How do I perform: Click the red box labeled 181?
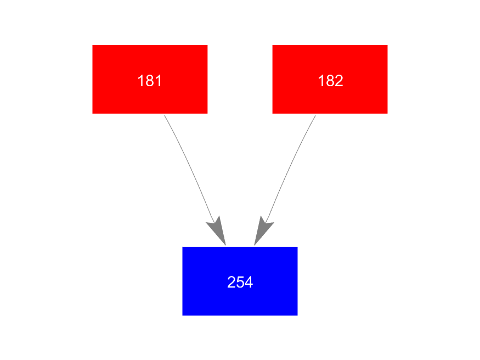[150, 79]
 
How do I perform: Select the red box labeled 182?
[330, 79]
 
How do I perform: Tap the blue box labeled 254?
[240, 281]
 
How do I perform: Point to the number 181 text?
[150, 81]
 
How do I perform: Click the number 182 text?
[330, 81]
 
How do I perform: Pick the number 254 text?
[240, 282]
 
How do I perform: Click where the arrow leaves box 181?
[165, 115]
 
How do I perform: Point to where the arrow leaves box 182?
[315, 115]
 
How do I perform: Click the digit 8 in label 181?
[150, 81]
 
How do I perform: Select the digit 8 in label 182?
[330, 81]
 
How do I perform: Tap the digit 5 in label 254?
[240, 282]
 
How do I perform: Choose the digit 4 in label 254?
[249, 282]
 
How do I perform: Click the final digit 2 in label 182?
[339, 81]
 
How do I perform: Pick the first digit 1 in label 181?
[141, 81]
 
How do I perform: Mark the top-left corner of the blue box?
[183, 247]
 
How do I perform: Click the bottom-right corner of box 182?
[387, 114]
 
